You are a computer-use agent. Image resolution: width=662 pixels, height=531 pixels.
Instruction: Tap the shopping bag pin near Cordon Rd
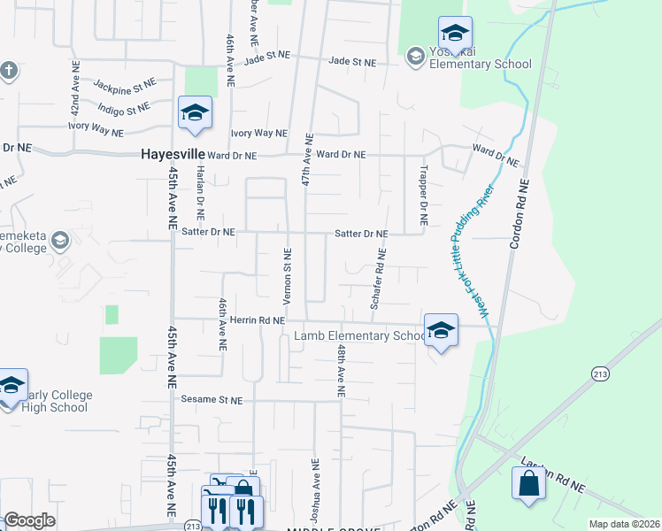coord(528,485)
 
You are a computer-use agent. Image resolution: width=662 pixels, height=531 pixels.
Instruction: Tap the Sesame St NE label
coord(212,400)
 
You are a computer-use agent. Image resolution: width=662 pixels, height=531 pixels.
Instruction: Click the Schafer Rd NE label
coord(379,278)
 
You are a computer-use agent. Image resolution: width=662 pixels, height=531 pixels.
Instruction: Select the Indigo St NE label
coord(124,110)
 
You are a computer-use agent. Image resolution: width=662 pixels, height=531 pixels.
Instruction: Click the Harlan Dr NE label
coord(201,191)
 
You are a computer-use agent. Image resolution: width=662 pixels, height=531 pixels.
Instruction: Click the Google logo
coord(29,520)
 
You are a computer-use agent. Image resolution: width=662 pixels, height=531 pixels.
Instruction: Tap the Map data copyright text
coord(624,524)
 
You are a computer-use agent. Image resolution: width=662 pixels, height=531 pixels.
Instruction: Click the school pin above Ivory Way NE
coord(194,112)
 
